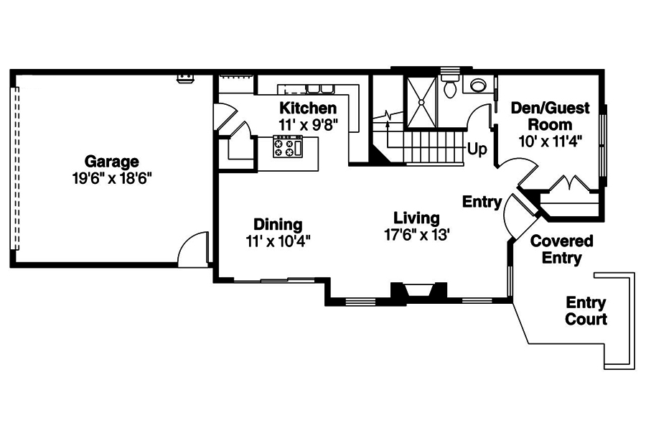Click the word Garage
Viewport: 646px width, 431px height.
point(111,161)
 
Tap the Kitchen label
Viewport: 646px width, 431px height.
point(308,108)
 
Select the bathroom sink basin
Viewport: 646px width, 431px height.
point(477,86)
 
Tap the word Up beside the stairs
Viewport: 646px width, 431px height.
point(477,149)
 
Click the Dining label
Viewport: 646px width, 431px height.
point(278,224)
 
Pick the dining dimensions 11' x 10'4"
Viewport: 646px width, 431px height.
point(278,241)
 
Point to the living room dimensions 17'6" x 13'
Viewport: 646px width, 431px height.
point(416,235)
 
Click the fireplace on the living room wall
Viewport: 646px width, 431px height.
point(418,290)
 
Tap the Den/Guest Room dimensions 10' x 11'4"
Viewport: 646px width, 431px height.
point(550,141)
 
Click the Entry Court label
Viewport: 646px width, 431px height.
point(586,311)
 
